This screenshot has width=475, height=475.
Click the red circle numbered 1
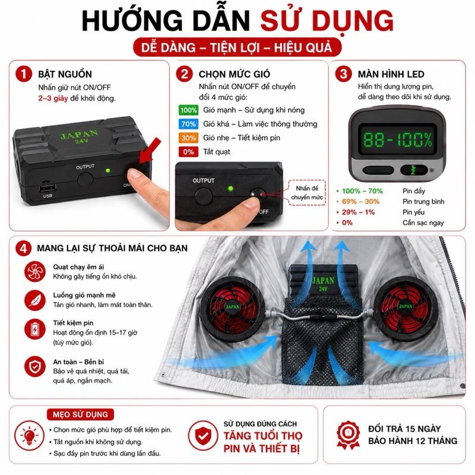click(24, 74)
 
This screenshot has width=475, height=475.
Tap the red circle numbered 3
click(343, 74)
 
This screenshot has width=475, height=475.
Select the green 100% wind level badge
click(188, 110)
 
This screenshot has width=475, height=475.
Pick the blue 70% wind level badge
click(188, 124)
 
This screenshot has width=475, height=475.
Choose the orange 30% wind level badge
click(188, 138)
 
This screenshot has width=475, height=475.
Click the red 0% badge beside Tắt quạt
click(188, 152)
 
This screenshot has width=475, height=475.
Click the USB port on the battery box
click(47, 188)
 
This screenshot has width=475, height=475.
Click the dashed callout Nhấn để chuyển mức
click(307, 192)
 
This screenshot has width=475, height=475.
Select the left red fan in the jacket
click(232, 307)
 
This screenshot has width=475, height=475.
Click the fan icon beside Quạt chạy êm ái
click(35, 271)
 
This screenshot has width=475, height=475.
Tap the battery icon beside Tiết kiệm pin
click(35, 329)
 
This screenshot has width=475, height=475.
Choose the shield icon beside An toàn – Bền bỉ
click(35, 366)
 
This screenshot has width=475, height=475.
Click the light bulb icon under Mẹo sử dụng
click(29, 436)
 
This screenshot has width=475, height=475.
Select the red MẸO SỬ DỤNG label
click(80, 414)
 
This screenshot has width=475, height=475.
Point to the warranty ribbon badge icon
click(348, 435)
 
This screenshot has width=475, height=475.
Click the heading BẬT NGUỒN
click(65, 74)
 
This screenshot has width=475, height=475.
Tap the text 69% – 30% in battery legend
click(360, 201)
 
